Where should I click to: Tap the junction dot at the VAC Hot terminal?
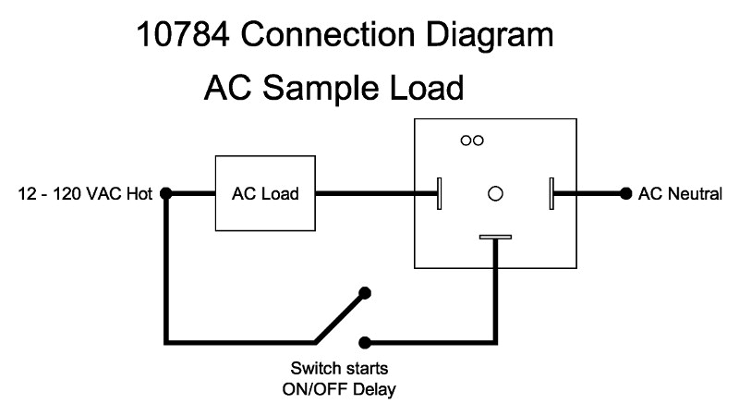166,194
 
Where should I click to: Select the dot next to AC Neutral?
626,194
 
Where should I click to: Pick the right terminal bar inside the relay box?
551,194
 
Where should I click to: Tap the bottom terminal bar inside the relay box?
495,238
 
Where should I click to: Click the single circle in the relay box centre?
495,193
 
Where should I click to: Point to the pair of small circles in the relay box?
472,141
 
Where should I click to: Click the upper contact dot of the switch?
365,293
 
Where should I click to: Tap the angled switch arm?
338,316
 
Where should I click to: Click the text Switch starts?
338,369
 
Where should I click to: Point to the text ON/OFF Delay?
338,389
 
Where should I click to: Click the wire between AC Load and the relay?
375,194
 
